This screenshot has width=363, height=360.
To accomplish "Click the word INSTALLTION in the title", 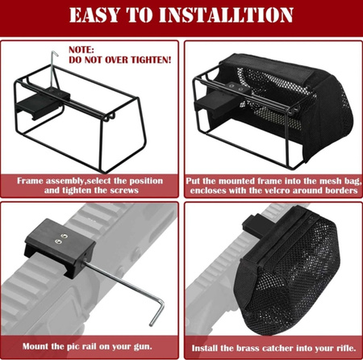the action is pyautogui.click(x=226, y=15).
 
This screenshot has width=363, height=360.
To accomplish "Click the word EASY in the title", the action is pyautogui.click(x=94, y=15).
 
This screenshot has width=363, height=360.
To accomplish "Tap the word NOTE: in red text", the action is pyautogui.click(x=81, y=50).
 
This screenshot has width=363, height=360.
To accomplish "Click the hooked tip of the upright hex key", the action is pyautogui.click(x=55, y=53).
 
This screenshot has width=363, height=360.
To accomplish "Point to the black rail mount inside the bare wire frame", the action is pyautogui.click(x=43, y=103).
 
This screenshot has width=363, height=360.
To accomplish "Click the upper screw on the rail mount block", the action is pyautogui.click(x=65, y=236).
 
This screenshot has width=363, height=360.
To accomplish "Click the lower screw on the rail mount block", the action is pyautogui.click(x=58, y=241).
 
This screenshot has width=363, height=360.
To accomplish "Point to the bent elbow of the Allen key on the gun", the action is pyautogui.click(x=161, y=303).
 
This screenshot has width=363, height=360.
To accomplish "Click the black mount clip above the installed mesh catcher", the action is pyautogui.click(x=254, y=224).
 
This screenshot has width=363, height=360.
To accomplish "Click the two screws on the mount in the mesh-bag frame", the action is pyautogui.click(x=236, y=88).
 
